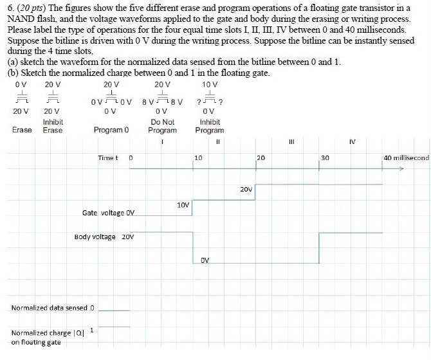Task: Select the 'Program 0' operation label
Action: pyautogui.click(x=111, y=130)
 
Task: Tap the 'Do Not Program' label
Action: pyautogui.click(x=163, y=126)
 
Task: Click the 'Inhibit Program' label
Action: pyautogui.click(x=210, y=126)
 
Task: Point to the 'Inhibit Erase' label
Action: pyautogui.click(x=53, y=126)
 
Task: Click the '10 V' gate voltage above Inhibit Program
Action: pyautogui.click(x=210, y=85)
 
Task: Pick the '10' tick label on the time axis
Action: pyautogui.click(x=199, y=157)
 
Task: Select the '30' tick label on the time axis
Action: pyautogui.click(x=325, y=157)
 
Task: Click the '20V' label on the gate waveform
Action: pyautogui.click(x=246, y=190)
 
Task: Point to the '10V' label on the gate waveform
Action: pyautogui.click(x=183, y=205)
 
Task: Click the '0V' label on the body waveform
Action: pyautogui.click(x=205, y=260)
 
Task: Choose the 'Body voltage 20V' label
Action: pyautogui.click(x=104, y=237)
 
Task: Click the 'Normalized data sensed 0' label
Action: pyautogui.click(x=53, y=308)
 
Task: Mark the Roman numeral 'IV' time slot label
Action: pyautogui.click(x=352, y=140)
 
